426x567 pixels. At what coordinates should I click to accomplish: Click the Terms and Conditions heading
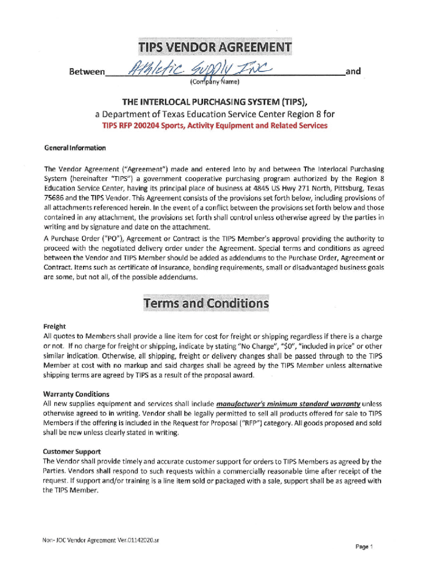206,304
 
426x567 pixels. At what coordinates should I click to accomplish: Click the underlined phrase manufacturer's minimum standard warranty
289,404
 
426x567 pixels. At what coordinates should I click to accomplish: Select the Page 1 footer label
365,547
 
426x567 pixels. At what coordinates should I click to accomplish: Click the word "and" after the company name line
352,71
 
